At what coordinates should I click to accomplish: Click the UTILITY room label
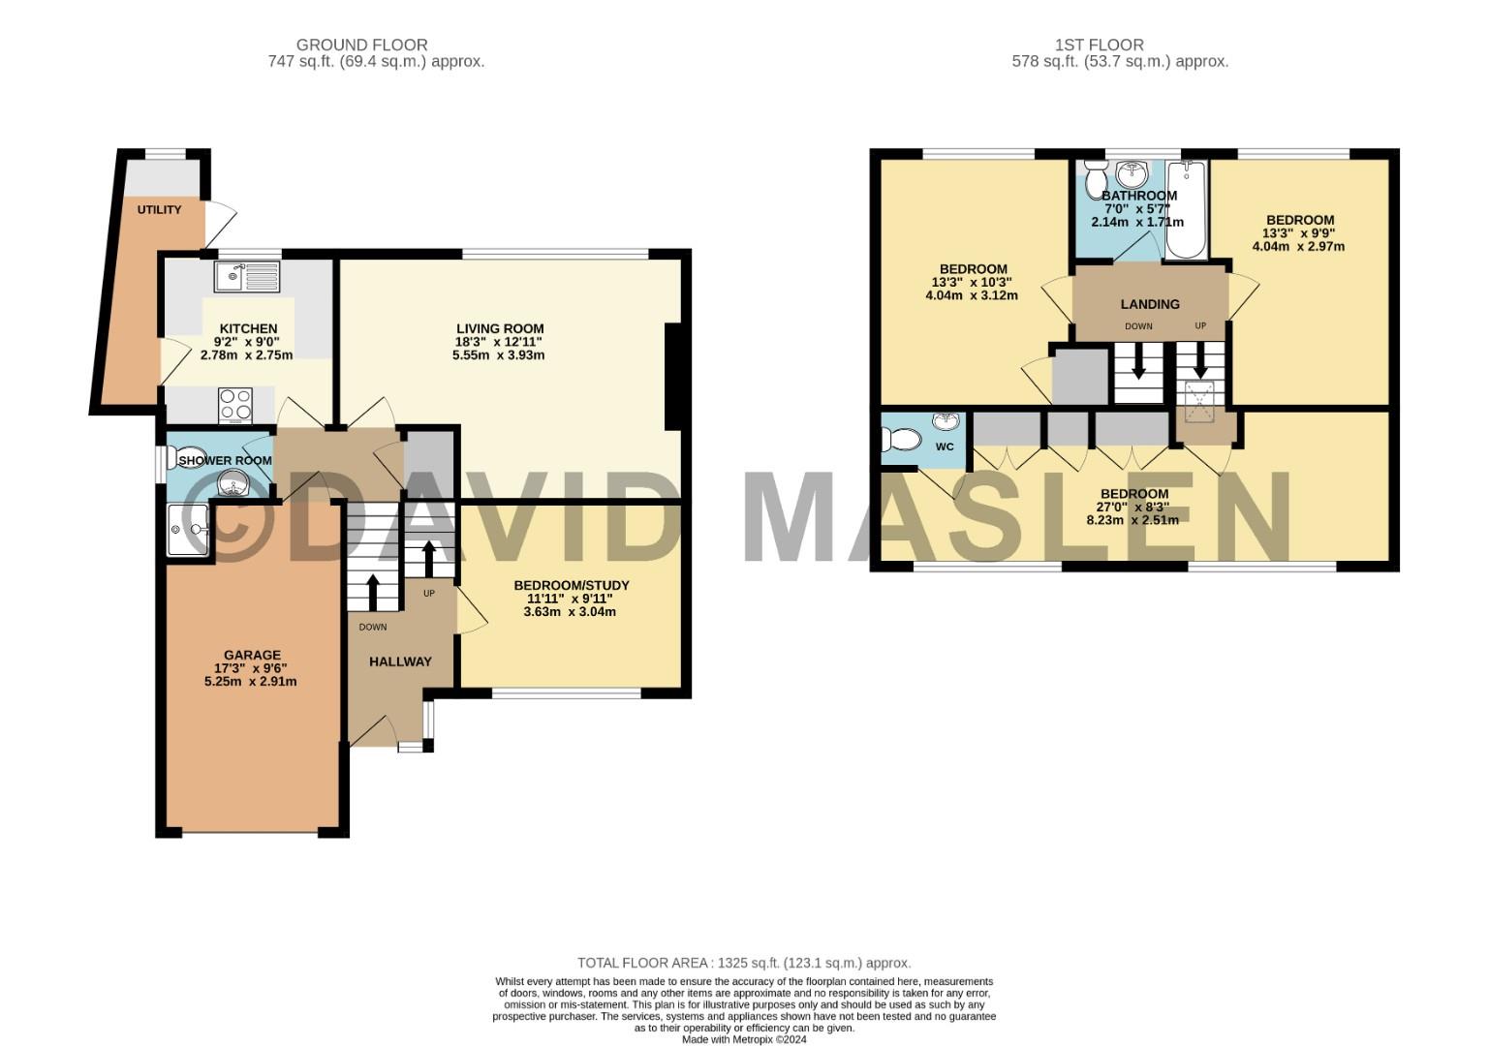pos(159,209)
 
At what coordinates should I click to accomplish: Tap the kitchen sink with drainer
pos(247,277)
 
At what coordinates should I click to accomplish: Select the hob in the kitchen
pos(235,405)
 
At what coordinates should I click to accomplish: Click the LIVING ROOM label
pos(499,328)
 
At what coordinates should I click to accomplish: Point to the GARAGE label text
pos(252,655)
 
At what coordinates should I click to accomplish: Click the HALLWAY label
pos(400,661)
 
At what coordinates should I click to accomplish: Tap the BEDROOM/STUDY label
pos(571,585)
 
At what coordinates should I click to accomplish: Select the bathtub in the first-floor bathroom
pos(1186,209)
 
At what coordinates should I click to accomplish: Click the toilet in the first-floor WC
pos(900,440)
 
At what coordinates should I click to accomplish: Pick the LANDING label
pos(1150,304)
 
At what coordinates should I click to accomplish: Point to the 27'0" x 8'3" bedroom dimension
pos(1132,507)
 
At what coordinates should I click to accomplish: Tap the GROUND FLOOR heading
pos(361,45)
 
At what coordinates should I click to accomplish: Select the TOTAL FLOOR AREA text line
pos(743,963)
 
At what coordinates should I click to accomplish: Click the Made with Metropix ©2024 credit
pos(743,1039)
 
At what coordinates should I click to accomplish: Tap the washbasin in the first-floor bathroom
pos(1131,174)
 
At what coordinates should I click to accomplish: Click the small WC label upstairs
pos(944,446)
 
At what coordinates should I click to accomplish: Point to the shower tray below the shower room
pos(188,530)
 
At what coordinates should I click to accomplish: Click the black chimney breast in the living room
pos(671,377)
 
